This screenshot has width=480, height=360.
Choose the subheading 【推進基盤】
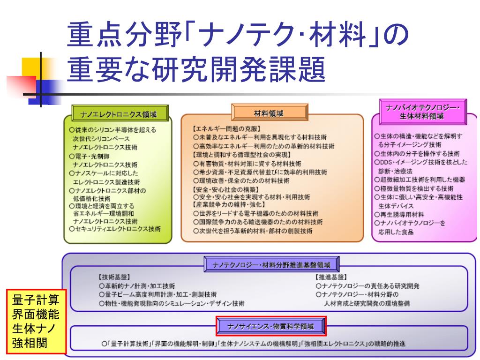pos(331,277)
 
